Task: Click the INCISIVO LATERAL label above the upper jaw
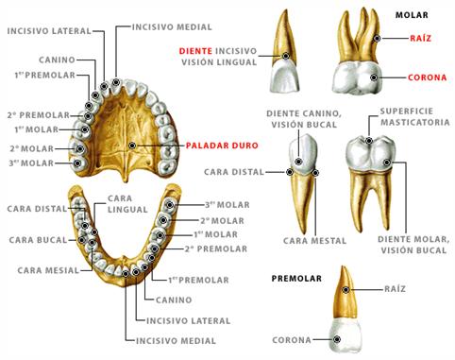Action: [x=48, y=30]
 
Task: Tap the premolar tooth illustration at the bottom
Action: [x=347, y=312]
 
